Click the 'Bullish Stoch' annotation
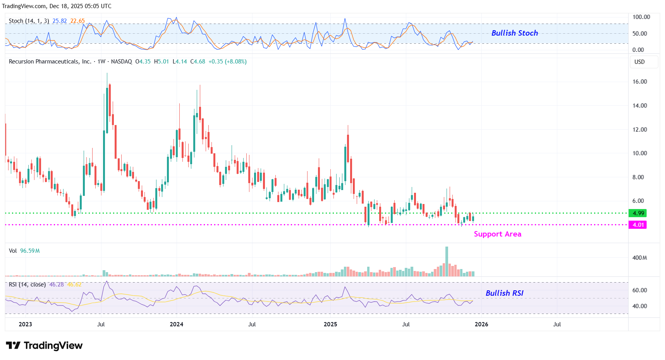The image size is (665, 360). click(514, 33)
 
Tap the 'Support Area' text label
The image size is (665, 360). click(497, 234)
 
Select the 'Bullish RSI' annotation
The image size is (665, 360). click(504, 293)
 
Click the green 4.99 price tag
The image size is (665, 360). click(638, 213)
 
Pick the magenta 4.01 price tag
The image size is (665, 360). click(638, 225)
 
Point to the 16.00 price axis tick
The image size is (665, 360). click(639, 82)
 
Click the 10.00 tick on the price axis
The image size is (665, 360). click(639, 153)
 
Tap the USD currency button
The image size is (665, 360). click(639, 62)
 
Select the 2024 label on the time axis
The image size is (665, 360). click(176, 324)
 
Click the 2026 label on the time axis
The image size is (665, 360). click(481, 324)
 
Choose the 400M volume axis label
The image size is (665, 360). click(639, 258)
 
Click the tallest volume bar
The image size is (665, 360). click(447, 262)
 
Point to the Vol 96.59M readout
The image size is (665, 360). click(24, 251)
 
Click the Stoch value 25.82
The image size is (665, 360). click(60, 21)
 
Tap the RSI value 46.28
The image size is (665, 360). click(57, 285)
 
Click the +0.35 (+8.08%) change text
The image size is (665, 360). click(227, 62)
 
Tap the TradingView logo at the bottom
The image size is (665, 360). click(45, 346)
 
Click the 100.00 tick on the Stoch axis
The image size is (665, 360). click(641, 17)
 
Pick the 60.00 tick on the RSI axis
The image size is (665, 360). click(639, 290)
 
